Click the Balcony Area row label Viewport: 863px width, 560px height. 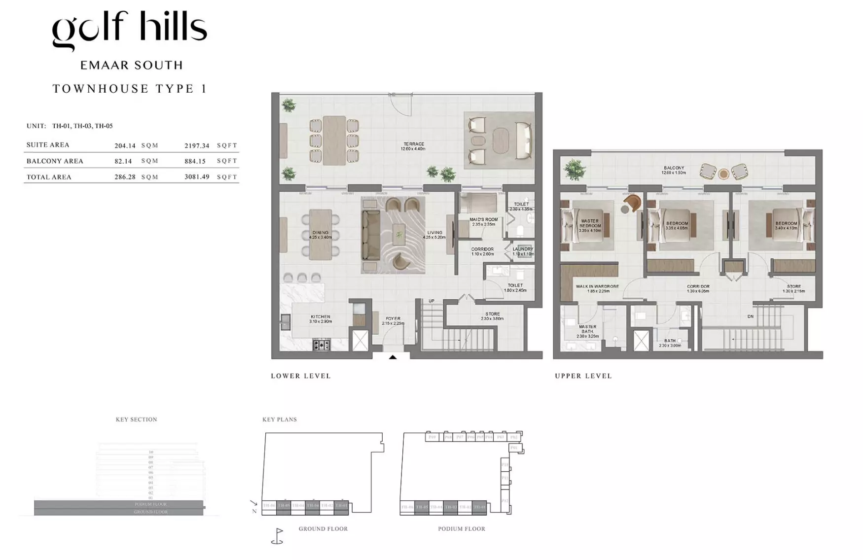click(55, 161)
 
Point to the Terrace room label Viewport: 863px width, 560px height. click(413, 144)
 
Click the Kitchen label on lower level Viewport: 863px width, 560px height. click(321, 317)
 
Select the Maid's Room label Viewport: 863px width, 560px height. click(483, 220)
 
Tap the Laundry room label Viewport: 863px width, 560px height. click(523, 249)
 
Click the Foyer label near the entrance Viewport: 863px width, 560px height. click(393, 319)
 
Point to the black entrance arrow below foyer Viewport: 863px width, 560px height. click(393, 357)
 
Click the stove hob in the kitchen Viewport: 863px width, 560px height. click(322, 345)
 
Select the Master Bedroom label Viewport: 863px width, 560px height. click(590, 223)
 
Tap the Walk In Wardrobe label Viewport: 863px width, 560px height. click(597, 286)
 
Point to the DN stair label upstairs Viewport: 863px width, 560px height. click(750, 316)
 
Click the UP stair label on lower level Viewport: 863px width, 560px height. click(431, 301)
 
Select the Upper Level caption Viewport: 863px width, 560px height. click(583, 376)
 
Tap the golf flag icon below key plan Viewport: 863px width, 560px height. click(278, 536)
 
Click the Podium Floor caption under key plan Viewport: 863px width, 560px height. click(462, 529)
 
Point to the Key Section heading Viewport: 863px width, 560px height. click(136, 420)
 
